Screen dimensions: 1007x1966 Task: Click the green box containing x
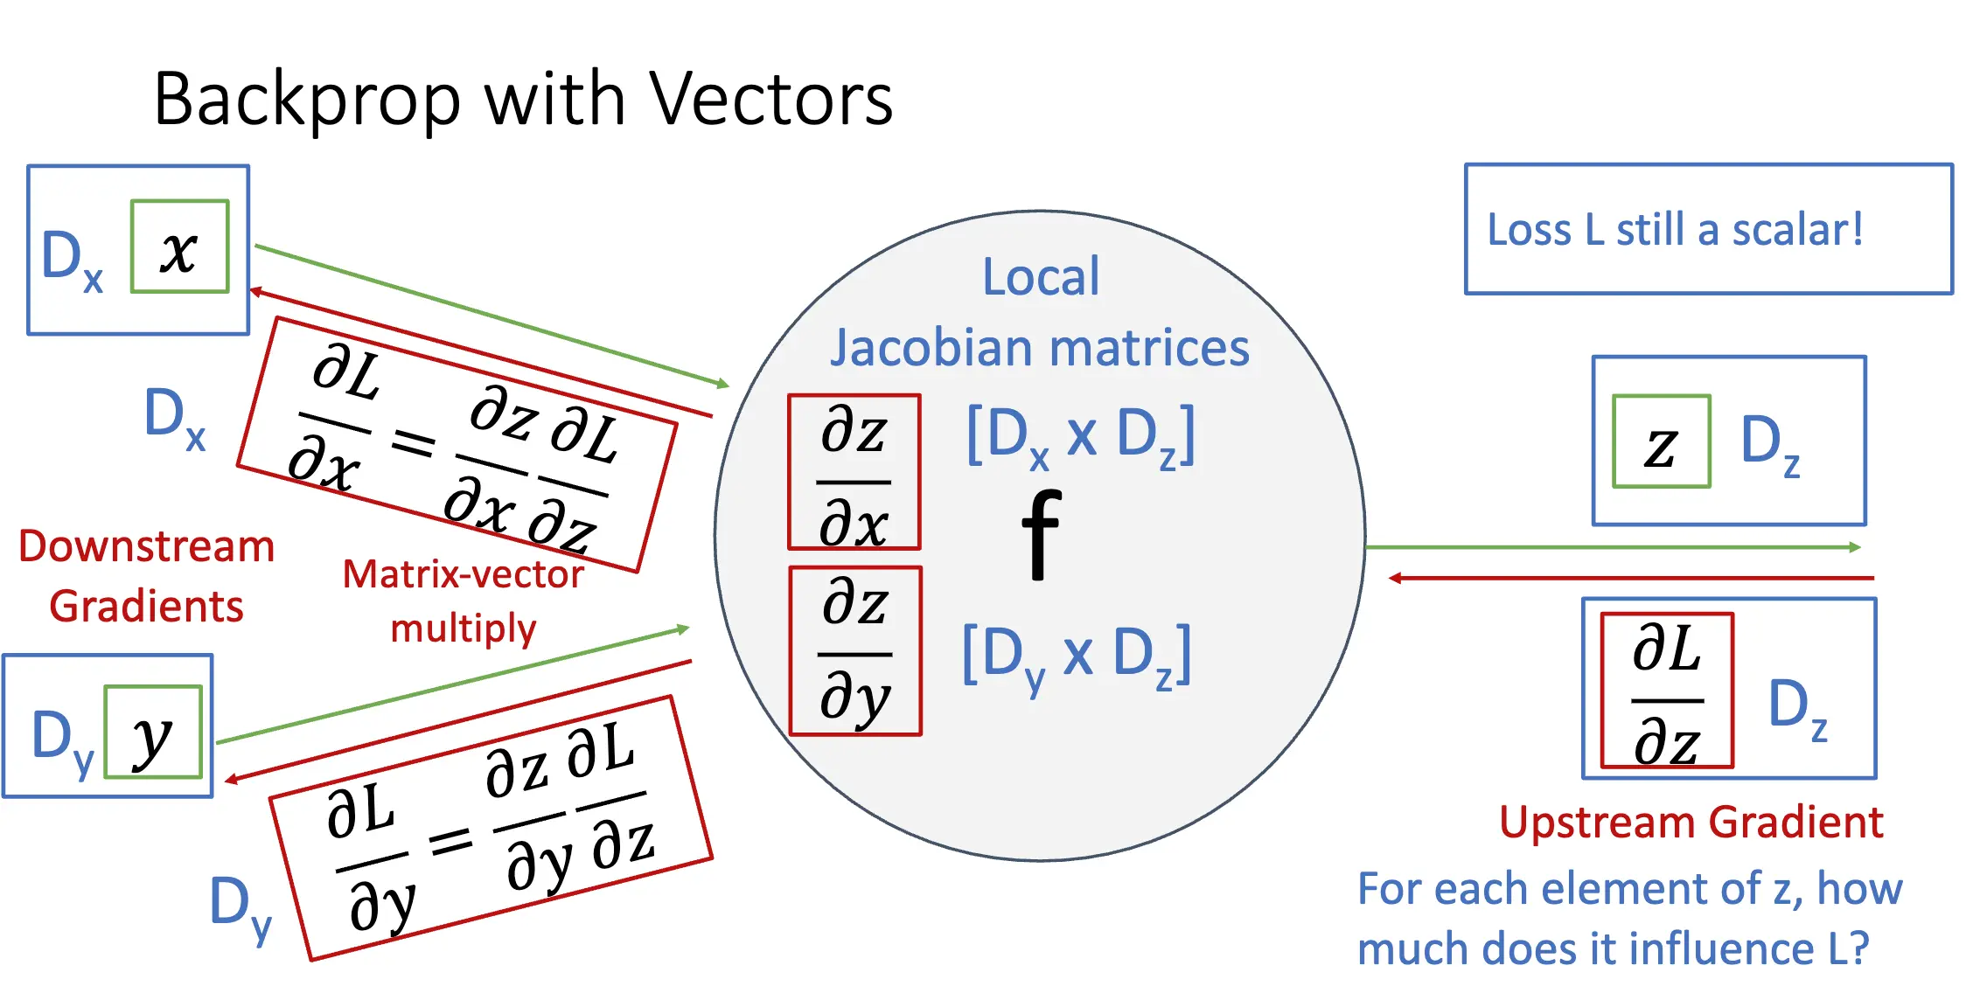(179, 247)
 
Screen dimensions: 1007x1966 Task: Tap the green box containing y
(153, 733)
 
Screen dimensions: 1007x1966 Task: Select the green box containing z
(1661, 441)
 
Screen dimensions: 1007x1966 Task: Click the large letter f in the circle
(1041, 535)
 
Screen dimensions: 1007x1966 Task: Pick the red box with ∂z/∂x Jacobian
(854, 472)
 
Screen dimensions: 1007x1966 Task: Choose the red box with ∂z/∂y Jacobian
(855, 651)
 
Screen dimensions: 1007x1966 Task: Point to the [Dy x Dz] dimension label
(1077, 656)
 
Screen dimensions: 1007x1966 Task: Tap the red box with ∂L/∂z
(1667, 691)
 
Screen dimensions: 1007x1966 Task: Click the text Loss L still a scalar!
(1675, 230)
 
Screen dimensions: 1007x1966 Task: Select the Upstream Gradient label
(1691, 823)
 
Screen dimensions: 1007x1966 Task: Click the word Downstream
(147, 547)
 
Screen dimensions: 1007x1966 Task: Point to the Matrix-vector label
(463, 575)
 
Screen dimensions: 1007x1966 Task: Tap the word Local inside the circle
(1041, 277)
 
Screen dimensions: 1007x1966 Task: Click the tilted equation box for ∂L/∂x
(457, 445)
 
